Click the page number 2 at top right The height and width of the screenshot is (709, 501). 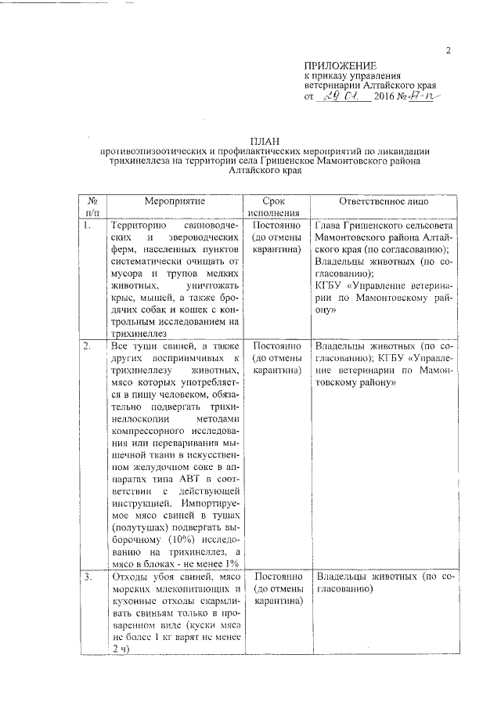pos(449,52)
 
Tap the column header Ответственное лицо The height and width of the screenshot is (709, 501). pos(384,201)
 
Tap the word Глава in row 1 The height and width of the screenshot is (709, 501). pos(328,226)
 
